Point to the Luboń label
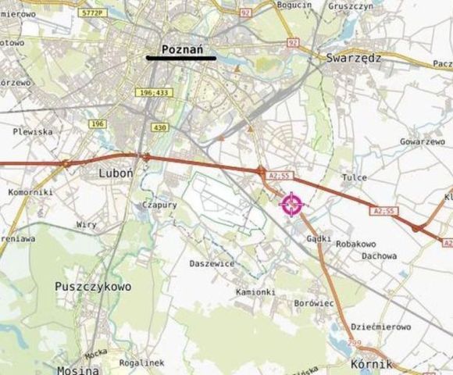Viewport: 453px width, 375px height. [117, 172]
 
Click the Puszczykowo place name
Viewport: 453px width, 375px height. [93, 287]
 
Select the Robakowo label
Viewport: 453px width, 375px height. [356, 244]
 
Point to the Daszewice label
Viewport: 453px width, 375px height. [212, 263]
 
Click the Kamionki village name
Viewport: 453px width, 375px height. [255, 291]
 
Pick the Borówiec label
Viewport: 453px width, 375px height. [316, 302]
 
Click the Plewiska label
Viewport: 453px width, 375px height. [32, 132]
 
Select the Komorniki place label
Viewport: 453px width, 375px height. [30, 191]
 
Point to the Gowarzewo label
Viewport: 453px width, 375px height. [422, 142]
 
